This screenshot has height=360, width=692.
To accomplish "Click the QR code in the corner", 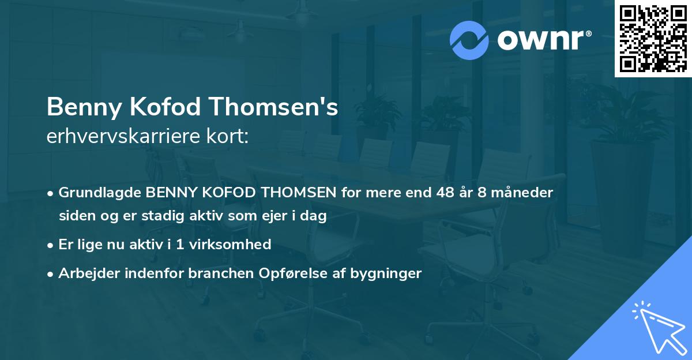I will (653, 38).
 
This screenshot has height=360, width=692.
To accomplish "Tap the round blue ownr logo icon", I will (469, 40).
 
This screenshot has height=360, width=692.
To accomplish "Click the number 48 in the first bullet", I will (446, 193).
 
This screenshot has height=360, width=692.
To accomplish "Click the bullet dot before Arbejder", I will (51, 273).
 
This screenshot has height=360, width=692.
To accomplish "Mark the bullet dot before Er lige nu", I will (51, 245).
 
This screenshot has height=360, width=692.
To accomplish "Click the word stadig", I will (162, 216).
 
